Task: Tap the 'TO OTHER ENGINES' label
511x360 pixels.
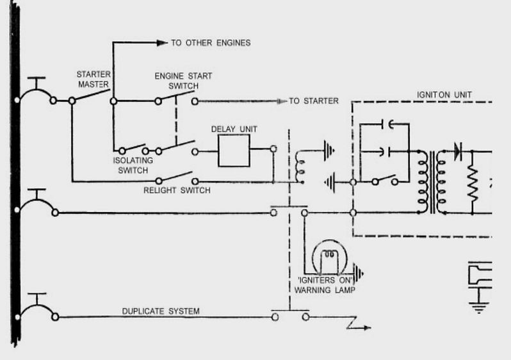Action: point(210,43)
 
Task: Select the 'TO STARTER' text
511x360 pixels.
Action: point(313,101)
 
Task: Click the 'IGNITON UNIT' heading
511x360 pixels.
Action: point(444,95)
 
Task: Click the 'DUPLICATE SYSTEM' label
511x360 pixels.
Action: point(161,311)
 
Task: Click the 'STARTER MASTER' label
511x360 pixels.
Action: point(93,79)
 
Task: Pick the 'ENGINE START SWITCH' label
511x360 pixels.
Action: point(182,81)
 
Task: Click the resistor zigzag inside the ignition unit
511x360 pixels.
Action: point(473,183)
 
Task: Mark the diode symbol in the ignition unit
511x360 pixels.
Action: point(457,151)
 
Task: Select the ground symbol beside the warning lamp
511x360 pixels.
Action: point(359,274)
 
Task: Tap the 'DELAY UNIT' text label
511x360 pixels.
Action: point(234,129)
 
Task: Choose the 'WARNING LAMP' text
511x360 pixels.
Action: point(325,290)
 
